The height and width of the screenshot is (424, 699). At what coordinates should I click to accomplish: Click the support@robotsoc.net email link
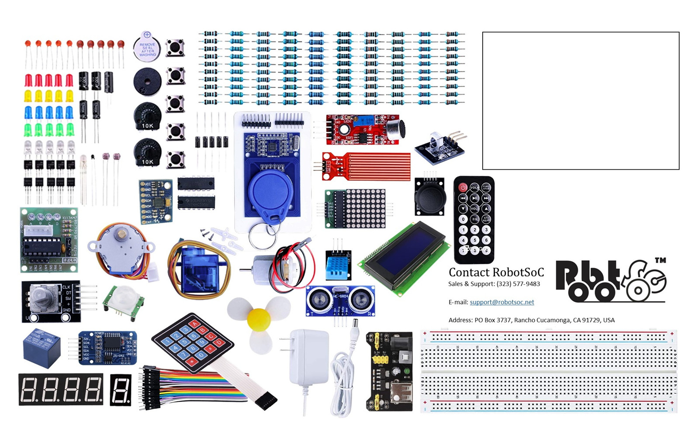pos(502,302)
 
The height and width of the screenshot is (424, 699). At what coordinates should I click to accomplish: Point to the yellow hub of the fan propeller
pos(259,319)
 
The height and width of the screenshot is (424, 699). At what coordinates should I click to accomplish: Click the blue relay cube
pos(42,348)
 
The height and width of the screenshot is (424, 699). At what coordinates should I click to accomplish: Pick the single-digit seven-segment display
pos(121,390)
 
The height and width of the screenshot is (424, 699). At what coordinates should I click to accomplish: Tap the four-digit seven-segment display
pos(61,389)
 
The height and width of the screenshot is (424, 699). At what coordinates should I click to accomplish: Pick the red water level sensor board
pos(366,166)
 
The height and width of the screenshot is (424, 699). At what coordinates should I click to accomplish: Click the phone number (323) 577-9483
pos(518,284)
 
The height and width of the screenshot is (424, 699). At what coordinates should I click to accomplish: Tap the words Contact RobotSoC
pos(496,272)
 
